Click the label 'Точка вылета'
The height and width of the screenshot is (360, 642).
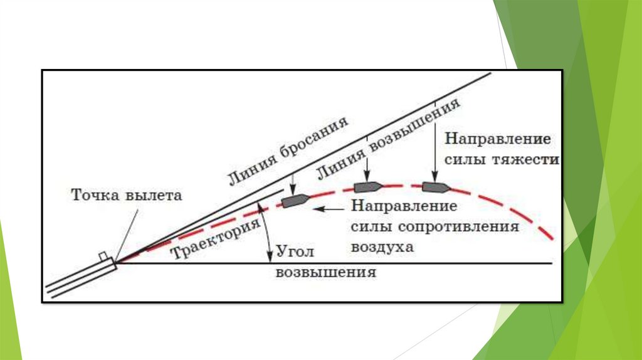coord(127,195)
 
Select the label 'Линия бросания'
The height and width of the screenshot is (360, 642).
coord(287,150)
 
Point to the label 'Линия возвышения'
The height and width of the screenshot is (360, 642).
coord(389,136)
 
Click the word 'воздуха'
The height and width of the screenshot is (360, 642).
coord(383,246)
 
